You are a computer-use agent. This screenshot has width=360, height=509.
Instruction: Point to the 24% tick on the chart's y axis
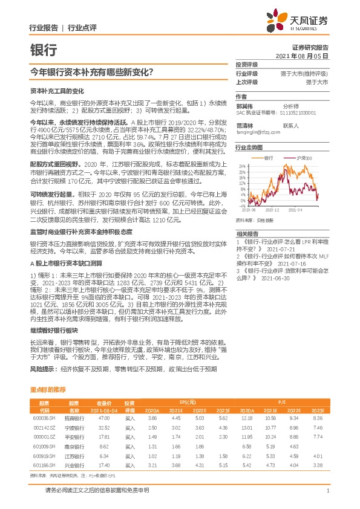[241, 165]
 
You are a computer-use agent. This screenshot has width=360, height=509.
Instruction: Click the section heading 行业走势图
[249, 147]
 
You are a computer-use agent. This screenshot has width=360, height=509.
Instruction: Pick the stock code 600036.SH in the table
[44, 418]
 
